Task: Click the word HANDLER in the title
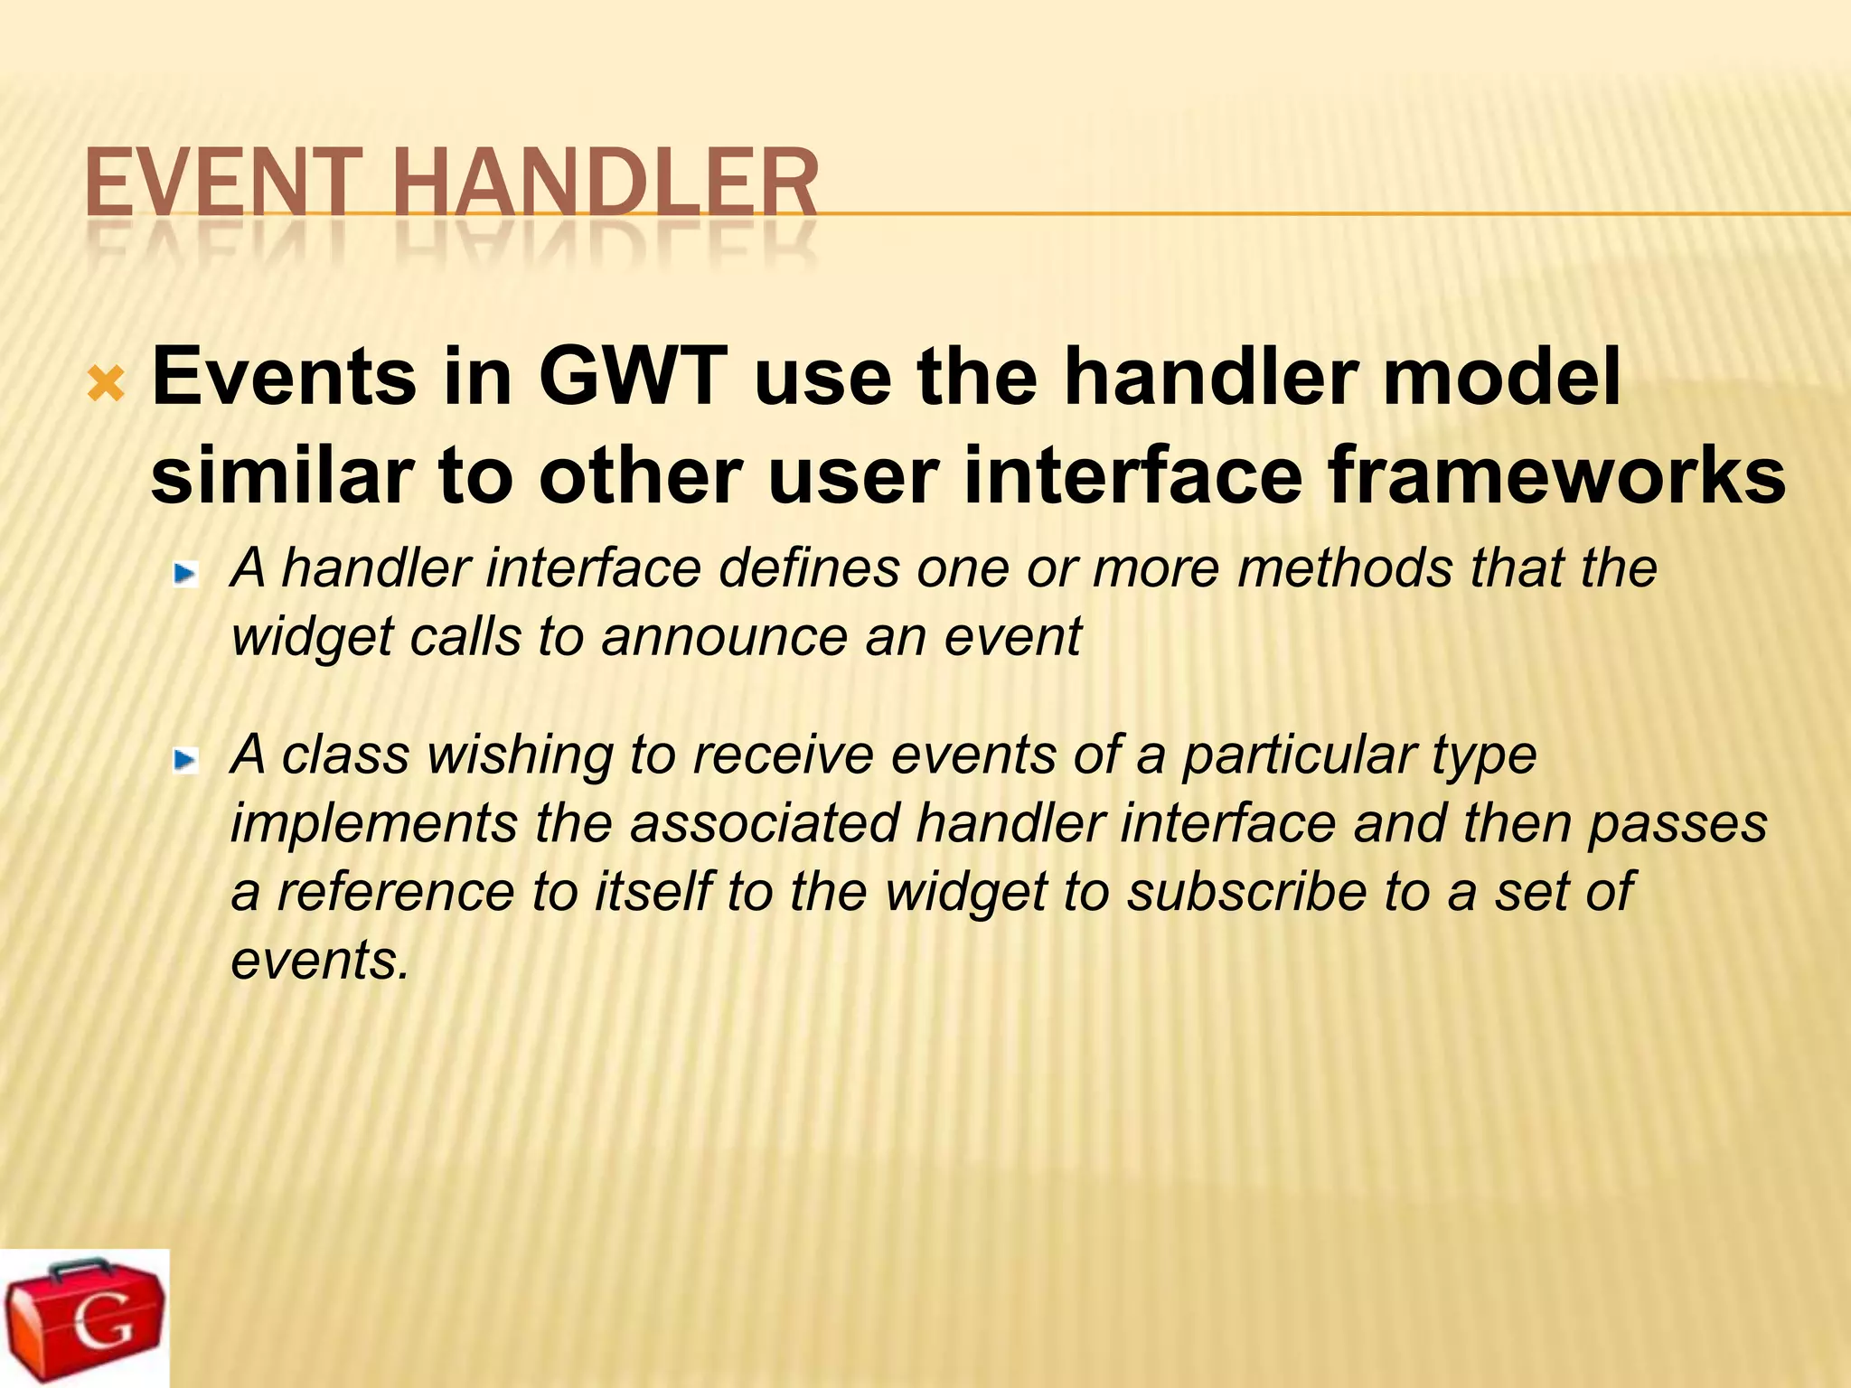(606, 184)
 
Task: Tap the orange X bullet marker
(107, 386)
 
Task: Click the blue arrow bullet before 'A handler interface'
(186, 574)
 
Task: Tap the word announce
(724, 636)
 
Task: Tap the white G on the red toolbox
(101, 1327)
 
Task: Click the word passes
(1677, 824)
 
